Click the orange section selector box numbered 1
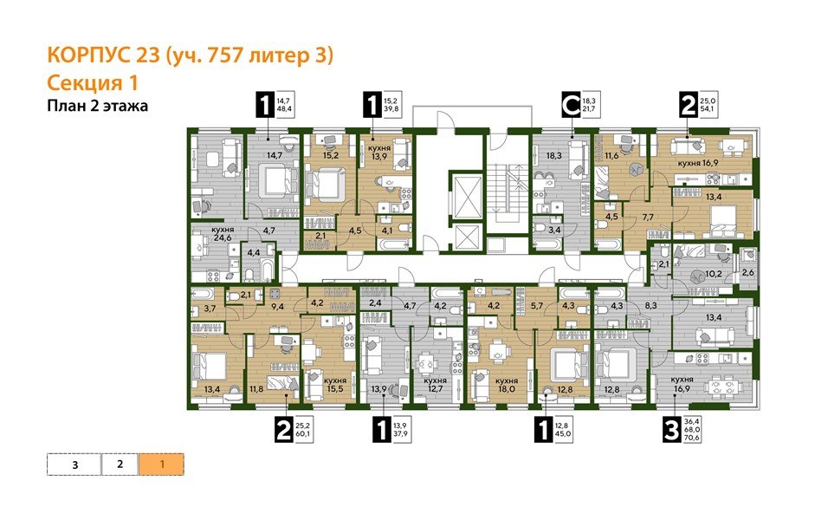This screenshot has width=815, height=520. [x=161, y=464]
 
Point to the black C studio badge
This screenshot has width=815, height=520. [x=571, y=106]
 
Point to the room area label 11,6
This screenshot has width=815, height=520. [x=613, y=156]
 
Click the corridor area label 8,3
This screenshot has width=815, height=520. [x=655, y=306]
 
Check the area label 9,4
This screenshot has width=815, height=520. [x=278, y=305]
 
